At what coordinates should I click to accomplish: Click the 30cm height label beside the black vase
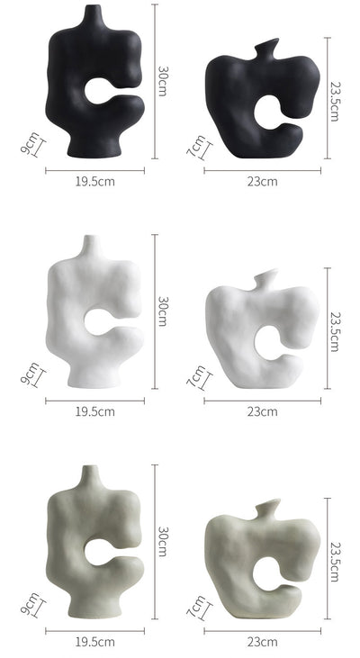click(x=162, y=81)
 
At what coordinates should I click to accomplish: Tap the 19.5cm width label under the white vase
click(x=95, y=411)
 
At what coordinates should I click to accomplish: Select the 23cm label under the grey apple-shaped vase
click(x=262, y=642)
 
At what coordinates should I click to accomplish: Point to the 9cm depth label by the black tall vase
click(x=31, y=143)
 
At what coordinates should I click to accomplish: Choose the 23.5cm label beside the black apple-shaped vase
click(x=335, y=101)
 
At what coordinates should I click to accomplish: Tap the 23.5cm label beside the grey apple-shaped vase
click(x=335, y=562)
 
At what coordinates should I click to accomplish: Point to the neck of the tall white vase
click(x=91, y=246)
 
